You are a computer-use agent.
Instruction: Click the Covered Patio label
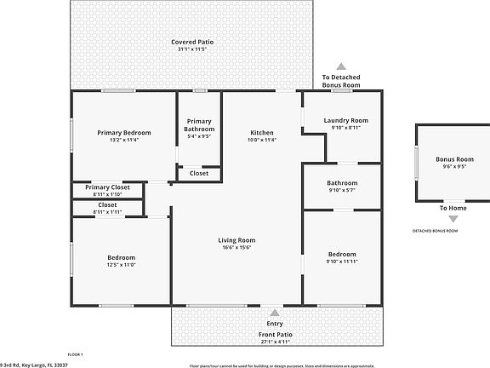[191, 41]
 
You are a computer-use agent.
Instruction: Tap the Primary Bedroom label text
[124, 132]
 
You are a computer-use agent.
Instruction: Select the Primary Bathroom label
[199, 124]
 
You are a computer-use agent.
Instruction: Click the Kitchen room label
[262, 132]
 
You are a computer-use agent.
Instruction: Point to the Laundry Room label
[345, 120]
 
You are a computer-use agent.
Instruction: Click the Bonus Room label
[454, 159]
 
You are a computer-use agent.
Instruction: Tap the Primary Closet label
[108, 187]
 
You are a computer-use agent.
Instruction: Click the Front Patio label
[275, 334]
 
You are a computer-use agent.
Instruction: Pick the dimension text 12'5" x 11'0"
[121, 265]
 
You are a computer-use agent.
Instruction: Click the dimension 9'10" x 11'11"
[342, 262]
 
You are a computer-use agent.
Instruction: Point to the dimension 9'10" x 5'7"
[342, 190]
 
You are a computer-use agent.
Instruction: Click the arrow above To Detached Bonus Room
[340, 66]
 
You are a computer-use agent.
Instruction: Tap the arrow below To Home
[453, 219]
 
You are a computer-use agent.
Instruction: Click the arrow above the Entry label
[275, 313]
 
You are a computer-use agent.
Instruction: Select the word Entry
[275, 324]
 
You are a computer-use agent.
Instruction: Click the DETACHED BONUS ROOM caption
[436, 231]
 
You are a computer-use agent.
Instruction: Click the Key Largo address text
[34, 364]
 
